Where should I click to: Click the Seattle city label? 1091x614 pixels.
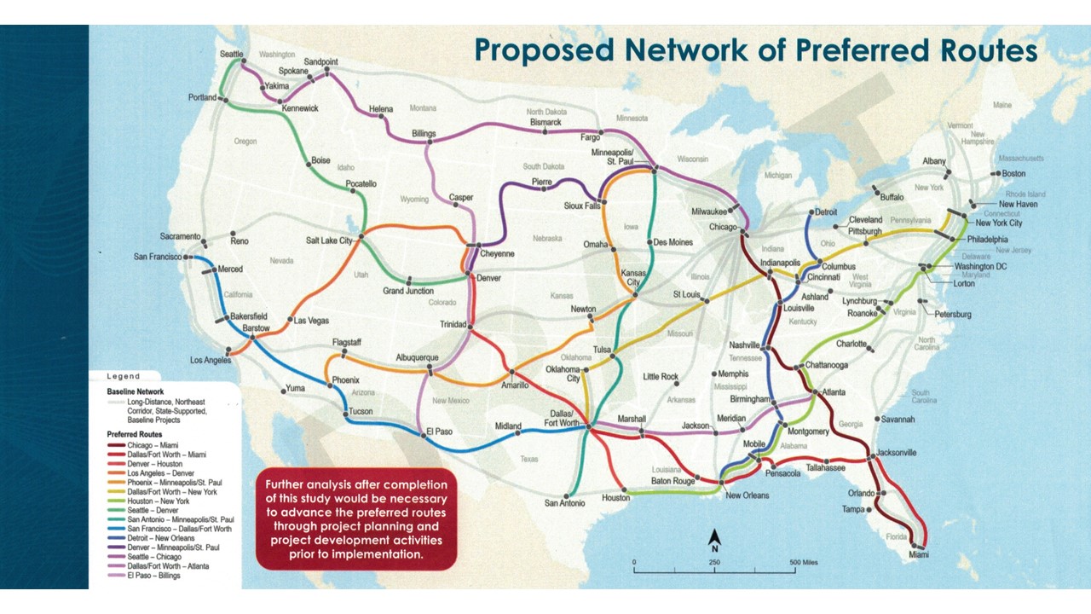(x=232, y=54)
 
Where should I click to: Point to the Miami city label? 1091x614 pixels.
(x=919, y=555)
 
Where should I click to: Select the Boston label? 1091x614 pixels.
(x=1013, y=173)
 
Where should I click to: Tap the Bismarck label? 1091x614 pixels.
(x=545, y=122)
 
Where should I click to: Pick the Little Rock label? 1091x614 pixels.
(x=661, y=376)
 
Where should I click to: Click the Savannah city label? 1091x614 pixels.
(x=898, y=420)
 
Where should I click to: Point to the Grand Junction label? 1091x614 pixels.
(x=409, y=291)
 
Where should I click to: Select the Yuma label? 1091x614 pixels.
(x=296, y=389)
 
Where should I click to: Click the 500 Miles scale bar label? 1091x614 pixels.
(x=803, y=563)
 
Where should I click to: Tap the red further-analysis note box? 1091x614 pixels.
(x=356, y=519)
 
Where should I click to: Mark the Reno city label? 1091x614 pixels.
(x=240, y=241)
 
